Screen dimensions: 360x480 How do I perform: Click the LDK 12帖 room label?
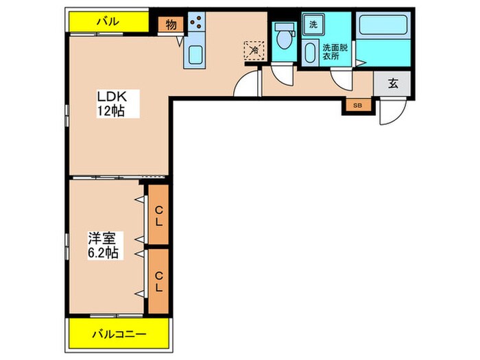(110, 103)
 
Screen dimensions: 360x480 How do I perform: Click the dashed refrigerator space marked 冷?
(253, 49)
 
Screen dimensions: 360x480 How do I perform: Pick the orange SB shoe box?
(357, 106)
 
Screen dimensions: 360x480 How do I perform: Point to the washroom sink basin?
(314, 51)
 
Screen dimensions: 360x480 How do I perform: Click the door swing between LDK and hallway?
(245, 86)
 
